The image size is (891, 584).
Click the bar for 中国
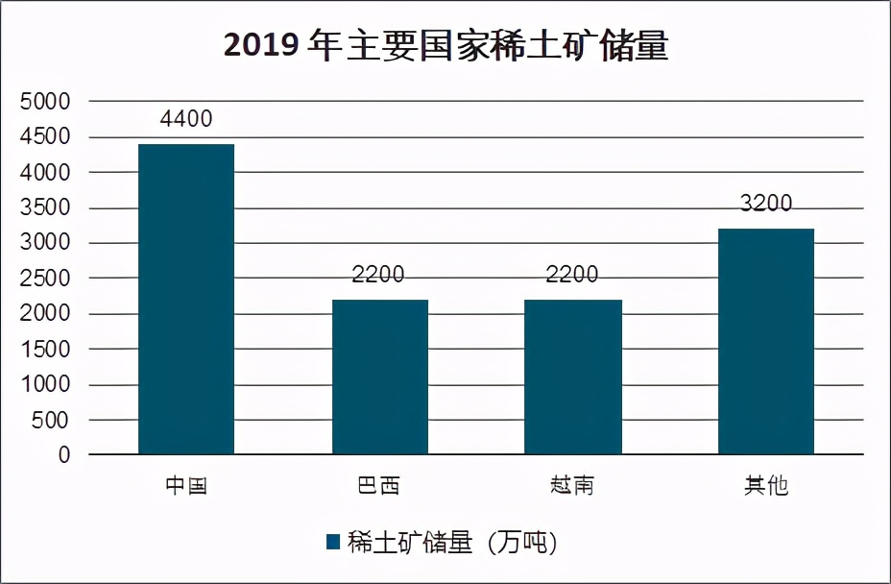(x=186, y=299)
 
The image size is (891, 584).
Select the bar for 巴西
(x=380, y=377)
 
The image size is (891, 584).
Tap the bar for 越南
(x=573, y=377)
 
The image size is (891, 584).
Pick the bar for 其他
(x=766, y=341)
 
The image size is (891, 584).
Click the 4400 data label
(x=186, y=120)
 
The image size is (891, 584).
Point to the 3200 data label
(x=766, y=204)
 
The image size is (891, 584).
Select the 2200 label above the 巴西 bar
(x=378, y=275)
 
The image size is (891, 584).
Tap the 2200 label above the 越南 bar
(x=572, y=275)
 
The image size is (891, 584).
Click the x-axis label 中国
(x=186, y=486)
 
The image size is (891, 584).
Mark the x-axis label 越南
(x=572, y=486)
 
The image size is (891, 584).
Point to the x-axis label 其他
(x=766, y=486)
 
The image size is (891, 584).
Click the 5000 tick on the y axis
(x=45, y=102)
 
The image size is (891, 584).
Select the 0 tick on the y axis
(x=64, y=455)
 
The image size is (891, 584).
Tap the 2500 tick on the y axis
(x=45, y=279)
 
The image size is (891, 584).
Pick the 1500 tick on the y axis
(x=45, y=350)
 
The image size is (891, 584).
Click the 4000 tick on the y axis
(x=45, y=173)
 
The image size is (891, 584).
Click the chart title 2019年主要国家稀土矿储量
(x=445, y=45)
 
